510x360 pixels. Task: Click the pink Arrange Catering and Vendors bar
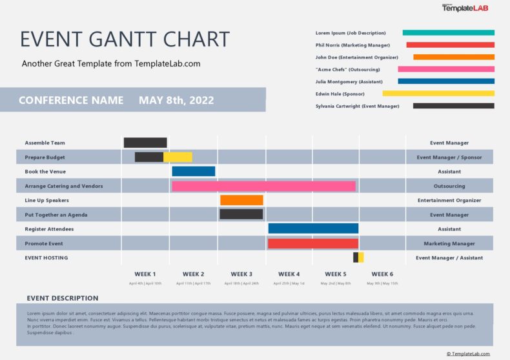point(263,186)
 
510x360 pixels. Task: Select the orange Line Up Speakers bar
point(241,200)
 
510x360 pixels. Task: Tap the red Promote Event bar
point(313,243)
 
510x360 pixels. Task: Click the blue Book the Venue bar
point(193,172)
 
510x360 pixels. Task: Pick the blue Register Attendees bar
point(313,228)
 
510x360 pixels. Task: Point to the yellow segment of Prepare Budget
point(178,157)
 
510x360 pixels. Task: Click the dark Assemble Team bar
point(145,143)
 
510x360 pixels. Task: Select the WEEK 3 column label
point(241,274)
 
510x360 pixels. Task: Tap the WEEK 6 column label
point(382,274)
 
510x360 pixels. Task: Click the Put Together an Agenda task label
point(56,215)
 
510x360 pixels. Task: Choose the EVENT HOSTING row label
point(46,258)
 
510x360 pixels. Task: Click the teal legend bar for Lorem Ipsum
point(448,32)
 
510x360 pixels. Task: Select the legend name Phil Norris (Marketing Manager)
point(352,45)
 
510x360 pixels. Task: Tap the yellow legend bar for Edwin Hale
point(438,94)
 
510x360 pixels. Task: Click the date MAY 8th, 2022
point(176,100)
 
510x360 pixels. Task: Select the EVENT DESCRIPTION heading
point(63,298)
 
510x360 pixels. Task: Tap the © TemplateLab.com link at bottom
point(468,354)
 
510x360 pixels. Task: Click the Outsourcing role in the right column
point(449,186)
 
